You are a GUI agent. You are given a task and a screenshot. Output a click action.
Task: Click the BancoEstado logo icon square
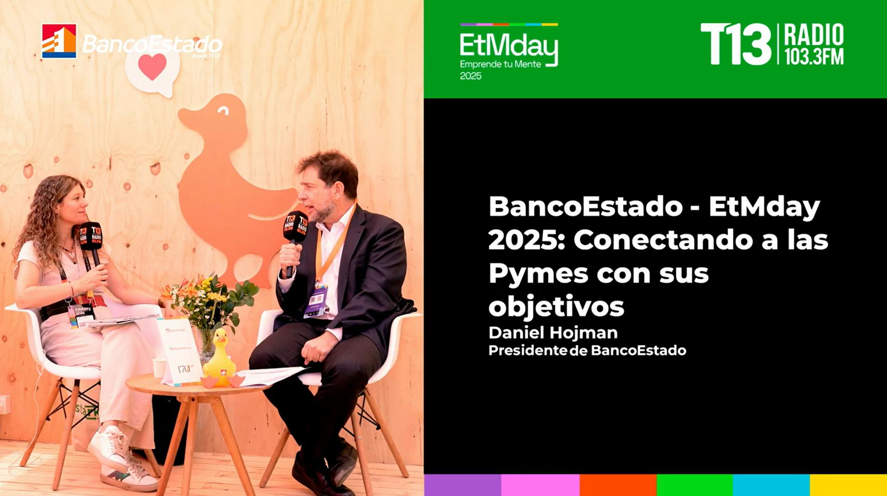pyautogui.click(x=59, y=41)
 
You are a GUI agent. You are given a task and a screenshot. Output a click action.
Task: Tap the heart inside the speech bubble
pyautogui.click(x=152, y=66)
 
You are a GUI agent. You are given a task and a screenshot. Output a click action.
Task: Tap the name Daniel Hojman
pyautogui.click(x=553, y=333)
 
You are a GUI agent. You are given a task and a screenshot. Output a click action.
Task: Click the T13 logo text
pyautogui.click(x=735, y=45)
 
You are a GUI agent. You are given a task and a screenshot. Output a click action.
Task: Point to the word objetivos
pyautogui.click(x=556, y=307)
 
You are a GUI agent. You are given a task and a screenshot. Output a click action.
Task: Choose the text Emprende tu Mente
pyautogui.click(x=500, y=64)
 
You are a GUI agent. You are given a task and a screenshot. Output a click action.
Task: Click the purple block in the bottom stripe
pyautogui.click(x=462, y=485)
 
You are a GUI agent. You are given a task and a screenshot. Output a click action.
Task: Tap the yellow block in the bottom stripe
pyautogui.click(x=848, y=485)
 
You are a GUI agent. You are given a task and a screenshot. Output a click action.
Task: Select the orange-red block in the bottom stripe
pyautogui.click(x=618, y=485)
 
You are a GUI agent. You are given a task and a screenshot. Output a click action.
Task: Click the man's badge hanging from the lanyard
pyautogui.click(x=317, y=301)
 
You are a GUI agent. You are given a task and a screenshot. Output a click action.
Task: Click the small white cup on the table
pyautogui.click(x=159, y=367)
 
